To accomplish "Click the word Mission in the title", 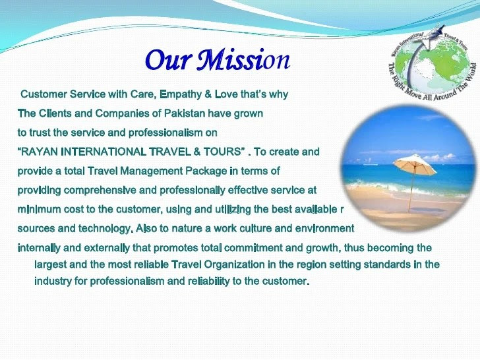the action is [243, 59].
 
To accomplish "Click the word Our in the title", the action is [169, 59].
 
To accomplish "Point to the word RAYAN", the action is [38, 152].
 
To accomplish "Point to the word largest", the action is [50, 264].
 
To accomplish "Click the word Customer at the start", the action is [44, 94].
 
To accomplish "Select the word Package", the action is [206, 171].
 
